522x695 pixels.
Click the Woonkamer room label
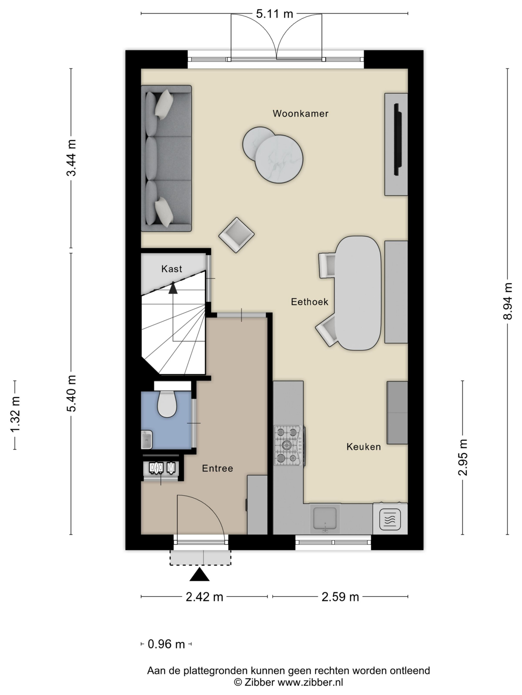(300, 113)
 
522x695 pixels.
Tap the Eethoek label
(309, 302)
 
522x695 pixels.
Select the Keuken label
(363, 447)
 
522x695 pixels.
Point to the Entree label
(217, 469)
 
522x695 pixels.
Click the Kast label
(172, 269)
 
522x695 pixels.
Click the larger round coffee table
(279, 159)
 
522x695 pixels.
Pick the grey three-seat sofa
(166, 158)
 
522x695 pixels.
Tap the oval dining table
(358, 293)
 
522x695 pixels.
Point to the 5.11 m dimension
(274, 14)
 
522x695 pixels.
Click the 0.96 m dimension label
(166, 645)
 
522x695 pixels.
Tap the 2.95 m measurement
(462, 457)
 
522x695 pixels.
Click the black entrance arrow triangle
(200, 575)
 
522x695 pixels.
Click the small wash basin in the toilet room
(147, 440)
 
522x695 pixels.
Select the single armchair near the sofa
(236, 235)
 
